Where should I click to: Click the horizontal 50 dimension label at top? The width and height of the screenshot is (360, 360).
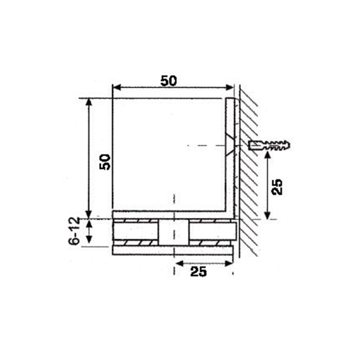pyautogui.click(x=169, y=81)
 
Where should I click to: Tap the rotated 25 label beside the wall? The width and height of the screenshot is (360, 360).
pyautogui.click(x=278, y=186)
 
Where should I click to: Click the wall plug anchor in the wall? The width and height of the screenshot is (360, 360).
pyautogui.click(x=269, y=145)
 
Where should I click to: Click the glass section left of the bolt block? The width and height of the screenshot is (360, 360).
pyautogui.click(x=135, y=232)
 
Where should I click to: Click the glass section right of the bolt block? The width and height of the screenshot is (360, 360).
pyautogui.click(x=211, y=232)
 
